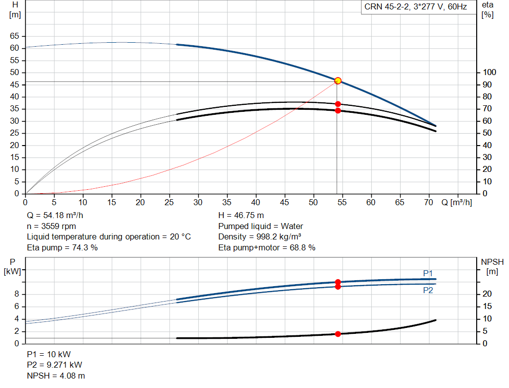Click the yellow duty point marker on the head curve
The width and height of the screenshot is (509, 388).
338,81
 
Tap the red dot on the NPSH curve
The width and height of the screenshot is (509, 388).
338,334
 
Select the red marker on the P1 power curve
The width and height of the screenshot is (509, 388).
338,282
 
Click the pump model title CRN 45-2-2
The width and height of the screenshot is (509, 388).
386,7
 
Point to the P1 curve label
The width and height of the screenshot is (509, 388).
428,273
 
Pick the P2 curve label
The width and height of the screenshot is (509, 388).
428,290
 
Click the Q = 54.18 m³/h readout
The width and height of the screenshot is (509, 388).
55,215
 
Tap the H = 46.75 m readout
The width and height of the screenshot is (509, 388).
241,215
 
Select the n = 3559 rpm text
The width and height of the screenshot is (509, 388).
51,226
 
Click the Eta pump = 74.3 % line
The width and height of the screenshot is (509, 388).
62,247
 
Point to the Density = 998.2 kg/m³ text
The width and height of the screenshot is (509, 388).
259,236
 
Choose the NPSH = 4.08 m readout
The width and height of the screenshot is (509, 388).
56,376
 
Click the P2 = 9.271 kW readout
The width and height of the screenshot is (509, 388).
55,365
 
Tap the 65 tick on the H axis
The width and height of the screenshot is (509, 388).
14,36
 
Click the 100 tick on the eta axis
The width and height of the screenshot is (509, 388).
489,72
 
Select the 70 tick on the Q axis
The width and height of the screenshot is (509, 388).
428,202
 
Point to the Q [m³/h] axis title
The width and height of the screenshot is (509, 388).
457,202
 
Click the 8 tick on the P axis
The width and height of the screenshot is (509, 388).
16,294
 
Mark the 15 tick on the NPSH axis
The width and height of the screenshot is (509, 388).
487,306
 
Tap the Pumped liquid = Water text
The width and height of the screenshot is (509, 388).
260,226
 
